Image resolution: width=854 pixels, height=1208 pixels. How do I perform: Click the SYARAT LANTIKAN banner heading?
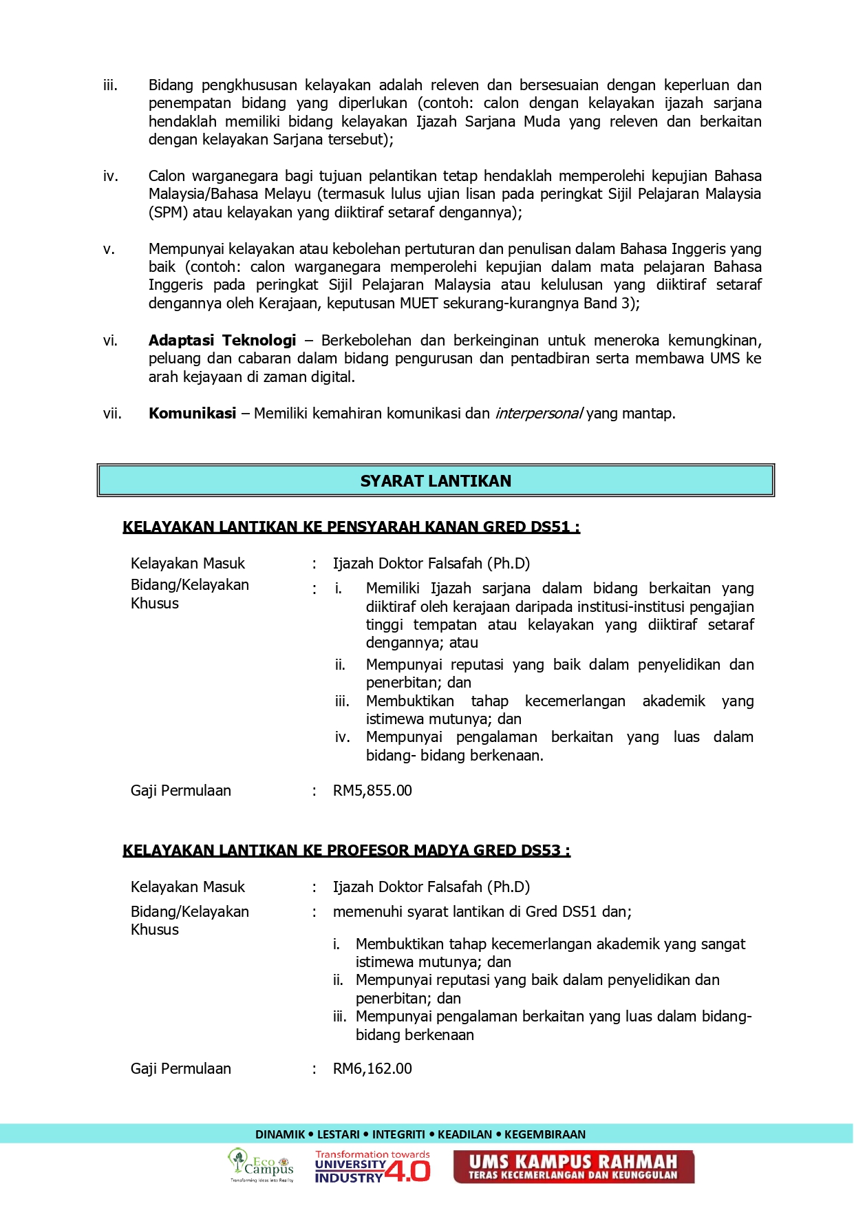436,481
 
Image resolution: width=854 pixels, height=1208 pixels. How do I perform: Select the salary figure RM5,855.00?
372,791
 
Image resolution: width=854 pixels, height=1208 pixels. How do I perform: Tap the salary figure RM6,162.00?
372,1069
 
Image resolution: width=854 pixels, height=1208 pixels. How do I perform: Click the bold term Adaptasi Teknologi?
222,341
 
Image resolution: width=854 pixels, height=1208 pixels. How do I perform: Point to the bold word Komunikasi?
192,414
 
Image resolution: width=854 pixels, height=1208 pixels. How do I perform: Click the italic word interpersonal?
539,414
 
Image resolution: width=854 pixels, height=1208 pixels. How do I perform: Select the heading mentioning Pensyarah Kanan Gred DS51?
351,527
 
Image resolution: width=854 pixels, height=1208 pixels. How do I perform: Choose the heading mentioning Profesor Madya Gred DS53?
346,851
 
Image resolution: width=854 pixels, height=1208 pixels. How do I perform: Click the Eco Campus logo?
261,1165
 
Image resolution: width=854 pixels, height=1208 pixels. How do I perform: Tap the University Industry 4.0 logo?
372,1167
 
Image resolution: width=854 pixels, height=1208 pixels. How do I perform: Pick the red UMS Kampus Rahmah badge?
573,1167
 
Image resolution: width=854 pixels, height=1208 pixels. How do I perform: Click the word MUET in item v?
418,304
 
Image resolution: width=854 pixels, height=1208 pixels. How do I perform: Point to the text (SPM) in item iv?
168,213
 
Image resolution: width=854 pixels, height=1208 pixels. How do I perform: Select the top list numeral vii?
112,414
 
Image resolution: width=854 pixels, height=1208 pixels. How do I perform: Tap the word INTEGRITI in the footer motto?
398,1134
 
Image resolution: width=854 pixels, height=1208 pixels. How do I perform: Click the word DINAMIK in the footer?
280,1134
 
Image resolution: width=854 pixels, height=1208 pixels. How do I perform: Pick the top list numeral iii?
110,85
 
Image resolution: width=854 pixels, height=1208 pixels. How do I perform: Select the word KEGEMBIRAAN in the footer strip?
545,1134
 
